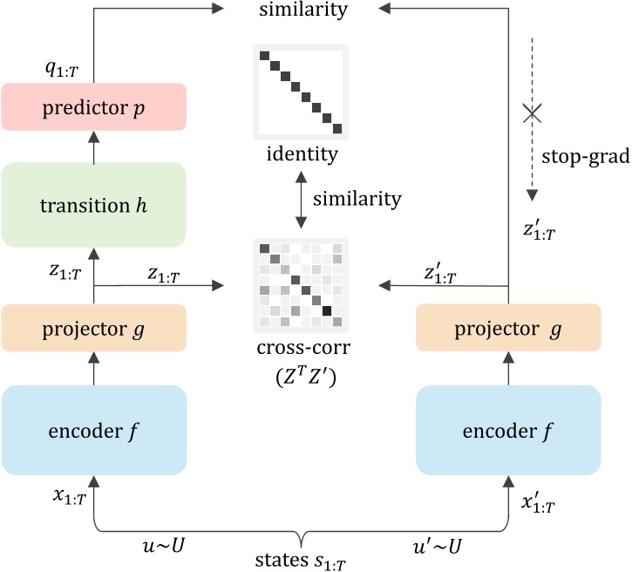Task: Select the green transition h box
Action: click(94, 205)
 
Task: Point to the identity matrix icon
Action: click(301, 92)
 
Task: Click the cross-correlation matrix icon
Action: click(301, 285)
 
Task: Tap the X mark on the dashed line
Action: click(531, 112)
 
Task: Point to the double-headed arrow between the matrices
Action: click(301, 200)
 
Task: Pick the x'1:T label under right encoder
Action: click(538, 502)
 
